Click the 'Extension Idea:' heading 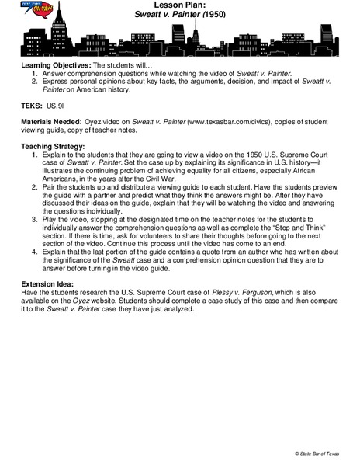(x=47, y=294)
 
